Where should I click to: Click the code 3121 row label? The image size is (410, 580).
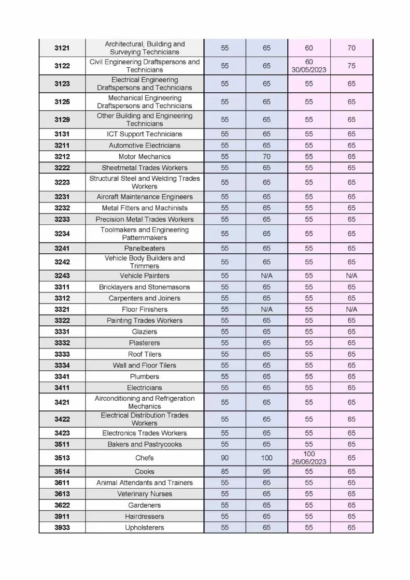click(x=62, y=48)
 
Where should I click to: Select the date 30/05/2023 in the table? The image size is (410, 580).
click(x=309, y=70)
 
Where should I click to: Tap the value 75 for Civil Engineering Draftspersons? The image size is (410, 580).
click(x=351, y=66)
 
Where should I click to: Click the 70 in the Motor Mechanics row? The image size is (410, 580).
click(x=267, y=157)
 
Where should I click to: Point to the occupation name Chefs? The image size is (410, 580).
click(x=144, y=458)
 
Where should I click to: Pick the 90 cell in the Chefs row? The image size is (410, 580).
click(x=225, y=458)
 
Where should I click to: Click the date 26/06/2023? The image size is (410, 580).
click(x=309, y=462)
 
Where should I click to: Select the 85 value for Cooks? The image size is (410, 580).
click(x=225, y=471)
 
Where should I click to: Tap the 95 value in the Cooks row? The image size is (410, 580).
click(x=267, y=471)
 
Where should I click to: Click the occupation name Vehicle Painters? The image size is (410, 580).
click(x=144, y=275)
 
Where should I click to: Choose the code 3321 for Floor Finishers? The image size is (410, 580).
click(x=62, y=309)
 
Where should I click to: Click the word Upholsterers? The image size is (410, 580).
click(x=144, y=527)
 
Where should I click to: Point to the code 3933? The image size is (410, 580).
click(x=62, y=527)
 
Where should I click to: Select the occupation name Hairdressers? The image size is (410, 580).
click(x=144, y=516)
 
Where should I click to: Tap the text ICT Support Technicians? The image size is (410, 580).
click(x=144, y=134)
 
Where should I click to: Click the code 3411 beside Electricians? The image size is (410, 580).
click(x=62, y=388)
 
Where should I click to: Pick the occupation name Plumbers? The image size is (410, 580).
click(x=144, y=377)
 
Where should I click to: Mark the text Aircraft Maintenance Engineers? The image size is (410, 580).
click(x=144, y=197)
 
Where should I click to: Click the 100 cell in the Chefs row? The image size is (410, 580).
click(x=267, y=458)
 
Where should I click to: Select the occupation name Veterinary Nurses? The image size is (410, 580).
click(x=144, y=494)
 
